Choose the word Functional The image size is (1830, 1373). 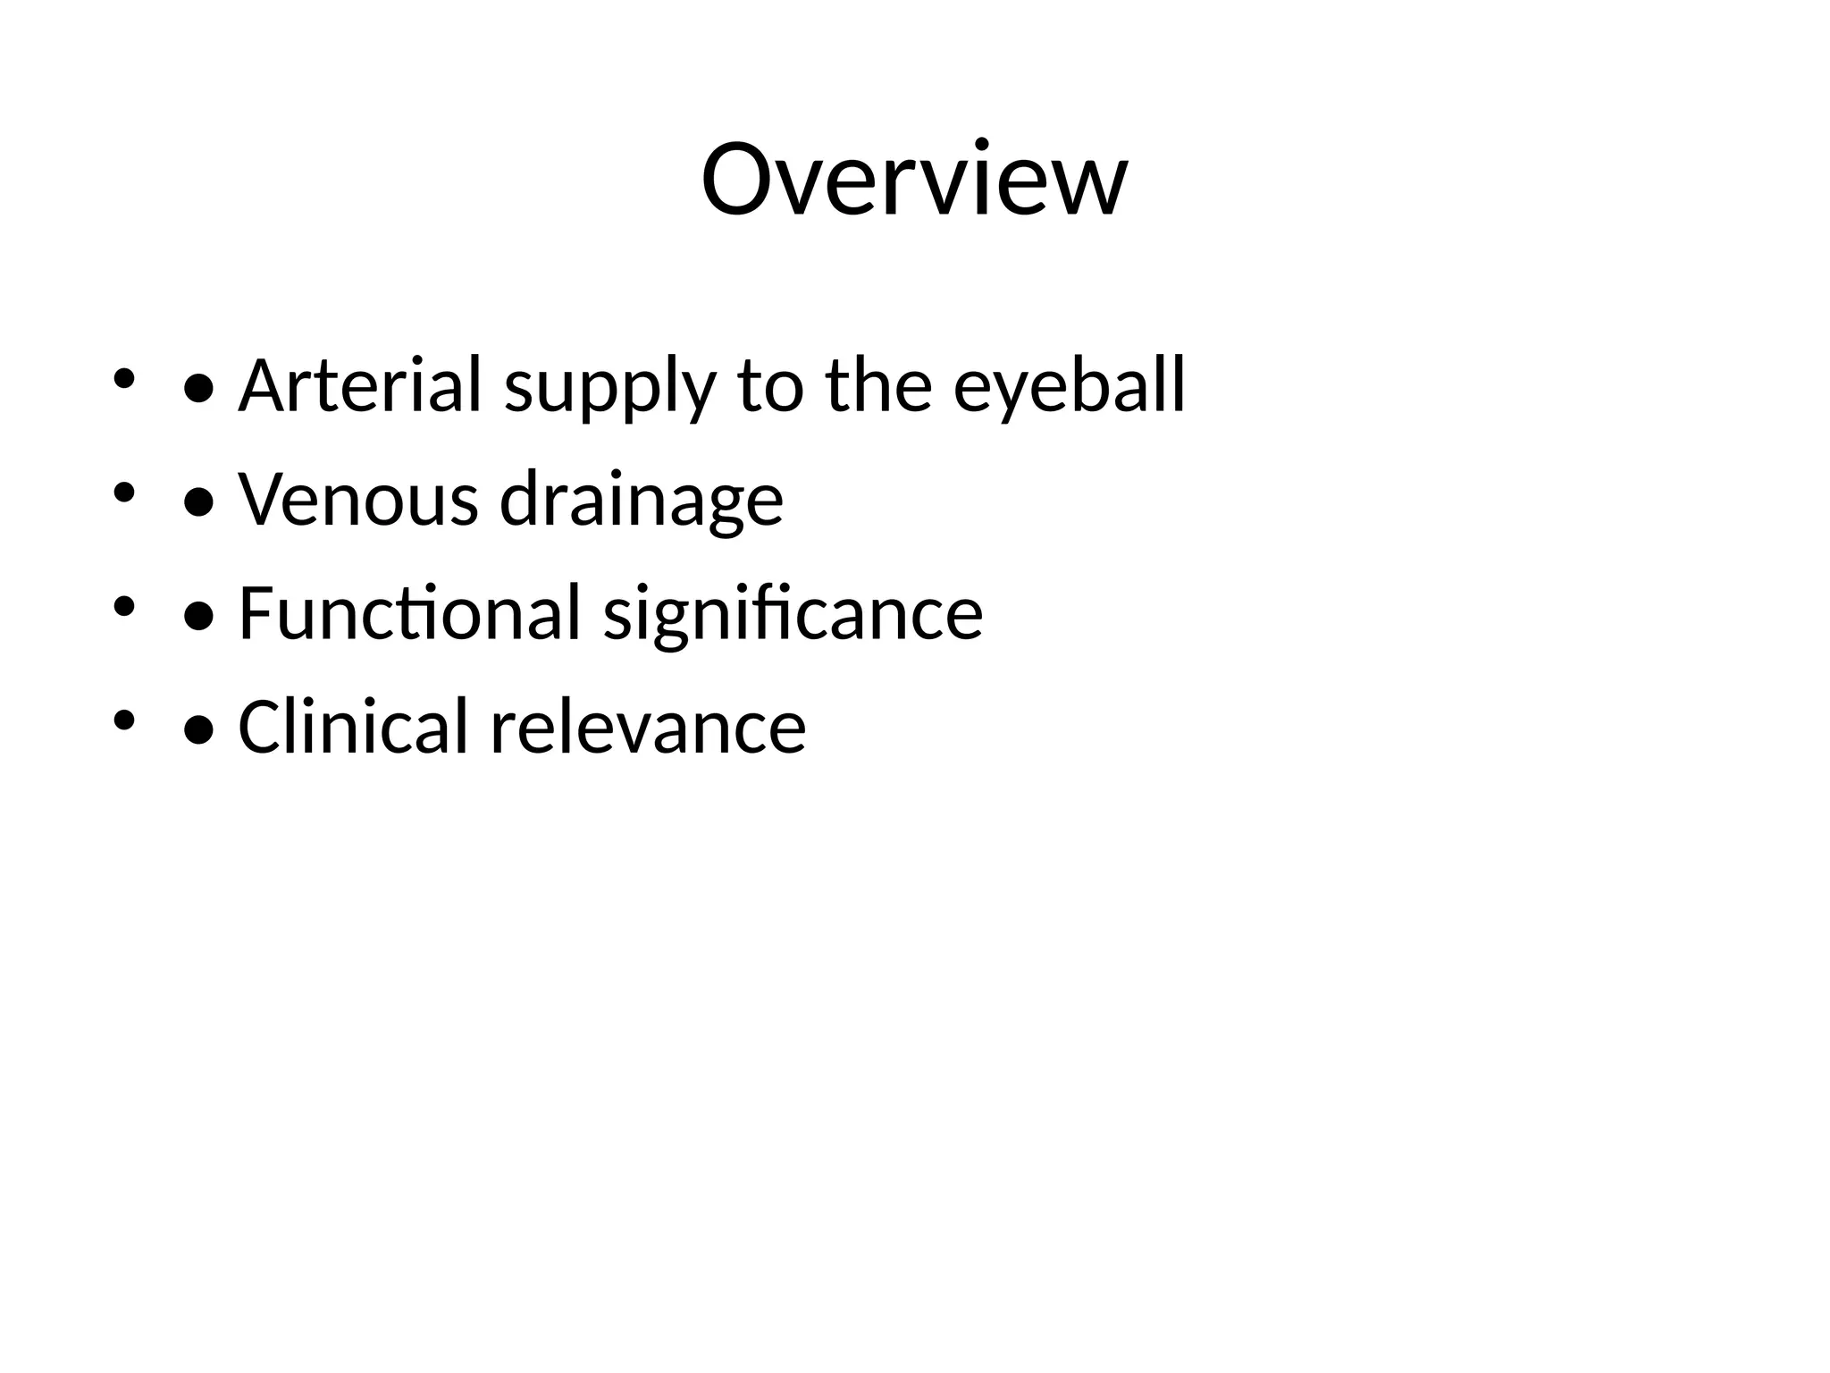[x=409, y=613]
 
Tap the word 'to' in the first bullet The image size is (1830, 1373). [x=770, y=387]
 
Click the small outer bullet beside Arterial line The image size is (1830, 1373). [x=123, y=378]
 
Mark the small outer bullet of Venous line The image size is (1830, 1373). [x=123, y=492]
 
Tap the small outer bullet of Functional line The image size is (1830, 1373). [x=123, y=606]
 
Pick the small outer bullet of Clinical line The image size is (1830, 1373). [x=123, y=720]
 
